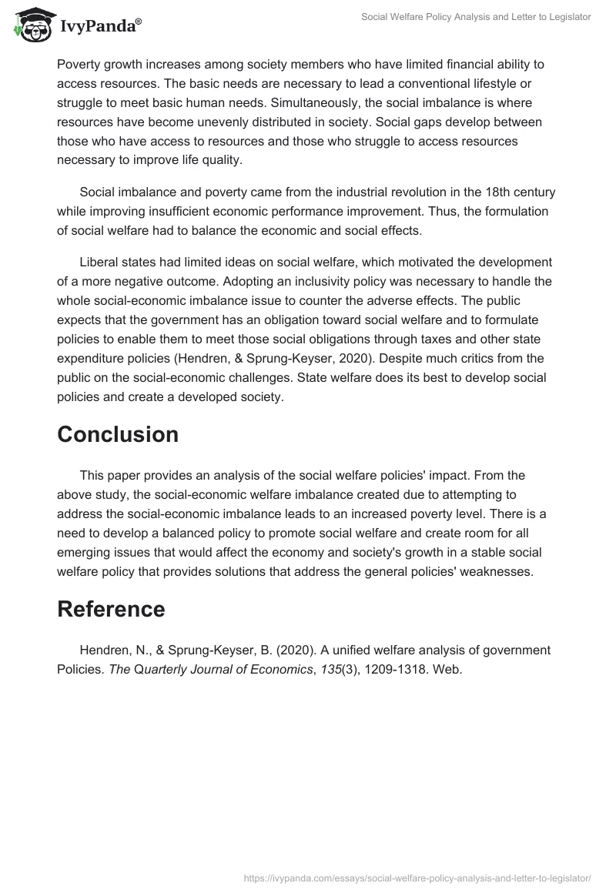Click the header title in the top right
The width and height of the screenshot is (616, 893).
pos(476,17)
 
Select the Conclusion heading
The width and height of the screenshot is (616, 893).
pos(118,434)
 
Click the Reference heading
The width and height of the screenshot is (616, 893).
pos(111,609)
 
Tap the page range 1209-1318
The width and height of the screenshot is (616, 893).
pos(390,669)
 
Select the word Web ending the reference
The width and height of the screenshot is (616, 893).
pos(445,669)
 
